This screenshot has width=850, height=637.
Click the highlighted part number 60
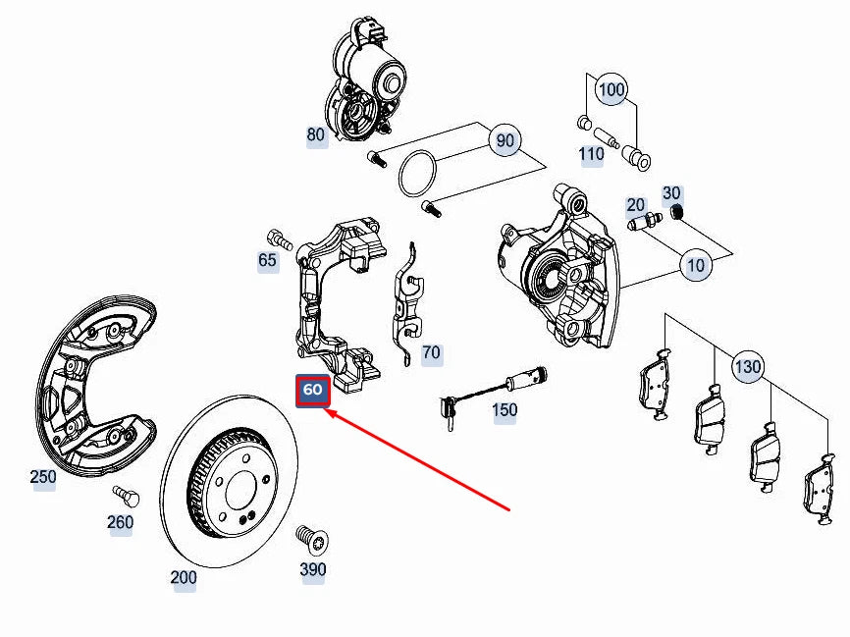pyautogui.click(x=312, y=391)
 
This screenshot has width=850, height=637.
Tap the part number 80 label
pyautogui.click(x=315, y=135)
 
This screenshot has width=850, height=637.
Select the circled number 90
pyautogui.click(x=505, y=141)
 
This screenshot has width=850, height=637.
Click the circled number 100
pyautogui.click(x=611, y=89)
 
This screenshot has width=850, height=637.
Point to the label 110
pyautogui.click(x=591, y=154)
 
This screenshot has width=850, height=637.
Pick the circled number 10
pyautogui.click(x=696, y=265)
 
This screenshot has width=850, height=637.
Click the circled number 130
pyautogui.click(x=748, y=368)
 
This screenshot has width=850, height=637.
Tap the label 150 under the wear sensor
pyautogui.click(x=505, y=409)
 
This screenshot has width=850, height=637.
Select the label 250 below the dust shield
pyautogui.click(x=43, y=478)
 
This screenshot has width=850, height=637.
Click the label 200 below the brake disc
pyautogui.click(x=184, y=578)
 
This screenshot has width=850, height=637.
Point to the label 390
pyautogui.click(x=313, y=569)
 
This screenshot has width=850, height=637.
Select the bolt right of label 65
pyautogui.click(x=279, y=238)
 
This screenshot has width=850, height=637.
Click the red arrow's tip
pyautogui.click(x=327, y=413)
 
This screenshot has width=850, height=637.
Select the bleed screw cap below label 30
pyautogui.click(x=675, y=212)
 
